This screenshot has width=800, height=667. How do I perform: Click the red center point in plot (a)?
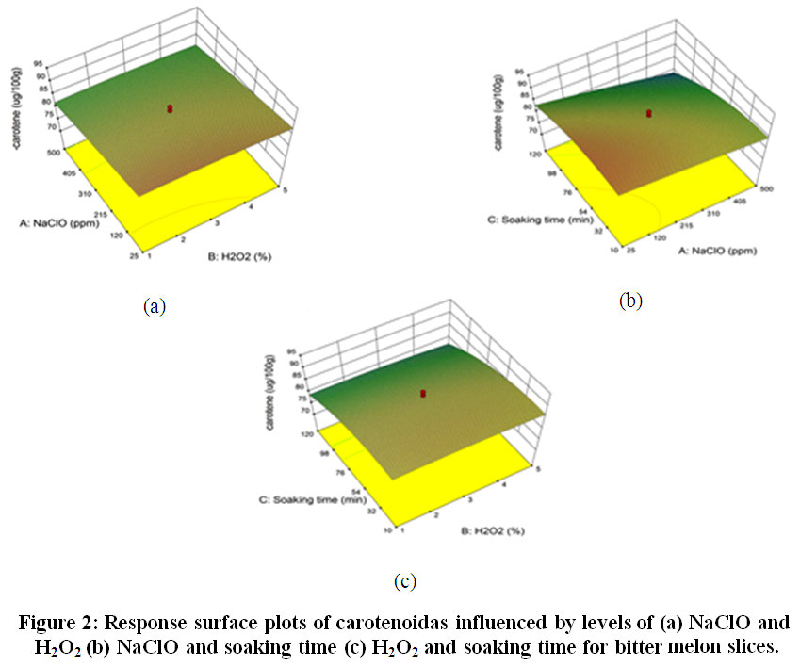(170, 109)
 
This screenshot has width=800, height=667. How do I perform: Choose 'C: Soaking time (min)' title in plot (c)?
(300, 498)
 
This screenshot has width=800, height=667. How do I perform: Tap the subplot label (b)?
(630, 301)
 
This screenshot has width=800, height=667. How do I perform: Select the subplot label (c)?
(404, 581)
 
